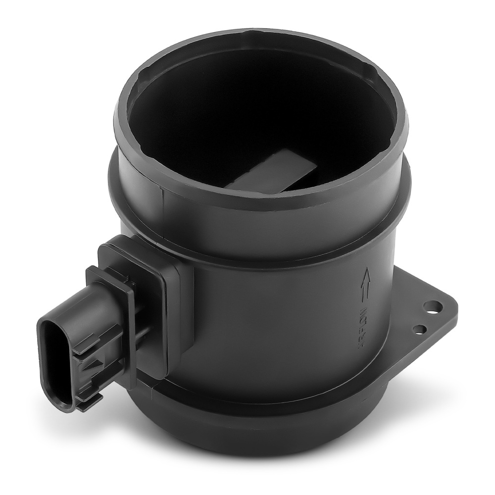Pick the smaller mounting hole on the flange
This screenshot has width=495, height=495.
pyautogui.click(x=420, y=328)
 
